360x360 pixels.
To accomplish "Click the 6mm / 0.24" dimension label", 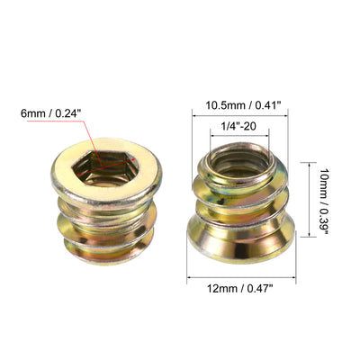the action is click(51, 113).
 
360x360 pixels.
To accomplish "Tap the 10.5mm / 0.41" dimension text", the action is click(243, 105).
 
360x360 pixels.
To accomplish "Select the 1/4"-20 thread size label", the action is click(238, 126).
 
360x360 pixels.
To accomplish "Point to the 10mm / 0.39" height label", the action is click(323, 200).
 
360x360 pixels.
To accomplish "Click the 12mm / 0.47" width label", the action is click(240, 289).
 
